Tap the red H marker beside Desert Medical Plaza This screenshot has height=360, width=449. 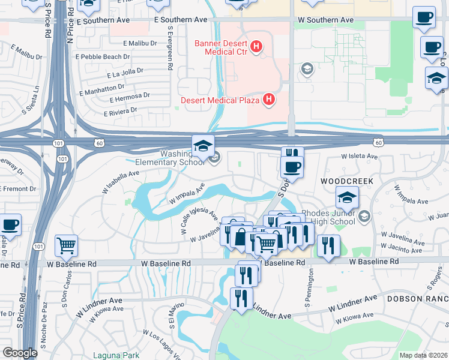(269, 100)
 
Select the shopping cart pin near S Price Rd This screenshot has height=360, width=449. (66, 245)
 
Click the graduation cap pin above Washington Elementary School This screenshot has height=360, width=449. (203, 146)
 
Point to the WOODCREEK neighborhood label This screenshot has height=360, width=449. (347, 181)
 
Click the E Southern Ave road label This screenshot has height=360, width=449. (181, 20)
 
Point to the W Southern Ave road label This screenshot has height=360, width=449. (325, 20)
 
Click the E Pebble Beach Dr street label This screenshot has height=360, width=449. (105, 56)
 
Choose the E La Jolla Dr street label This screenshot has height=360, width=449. (125, 73)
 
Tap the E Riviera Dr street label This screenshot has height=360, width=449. (121, 112)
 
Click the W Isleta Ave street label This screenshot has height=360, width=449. (359, 156)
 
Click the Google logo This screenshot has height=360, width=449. (20, 353)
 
